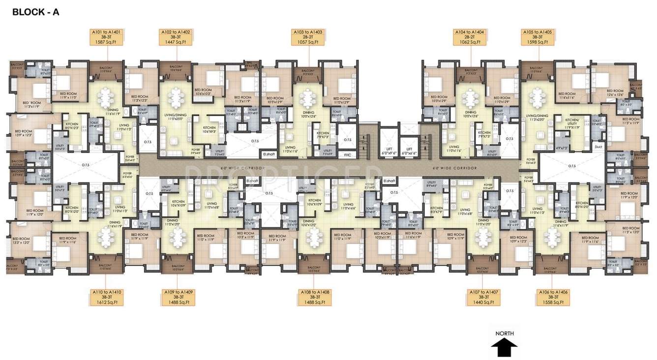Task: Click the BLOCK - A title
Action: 35,12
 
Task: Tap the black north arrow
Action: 504,348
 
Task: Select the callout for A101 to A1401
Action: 106,37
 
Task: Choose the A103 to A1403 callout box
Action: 308,37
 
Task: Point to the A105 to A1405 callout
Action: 538,37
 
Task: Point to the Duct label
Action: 598,146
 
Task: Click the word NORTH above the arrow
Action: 505,333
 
